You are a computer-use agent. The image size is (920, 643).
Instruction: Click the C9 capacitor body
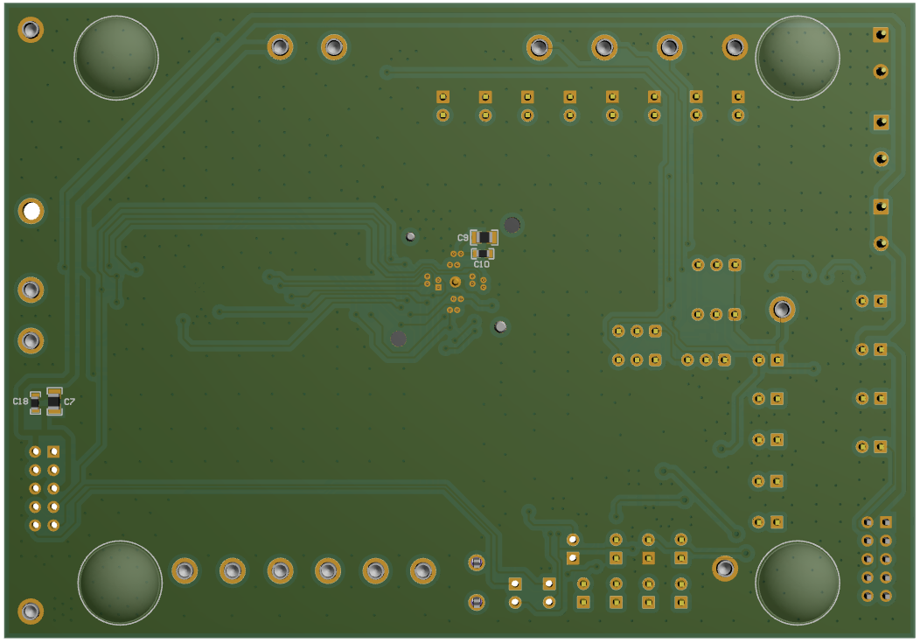pyautogui.click(x=484, y=237)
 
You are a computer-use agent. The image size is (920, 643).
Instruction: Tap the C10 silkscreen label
pyautogui.click(x=481, y=264)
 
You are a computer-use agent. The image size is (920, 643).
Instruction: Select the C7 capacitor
pyautogui.click(x=54, y=401)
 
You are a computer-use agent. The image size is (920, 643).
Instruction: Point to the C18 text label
pyautogui.click(x=20, y=401)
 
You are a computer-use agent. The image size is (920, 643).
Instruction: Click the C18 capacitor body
pyautogui.click(x=35, y=402)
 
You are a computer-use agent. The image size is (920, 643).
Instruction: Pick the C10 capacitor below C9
pyautogui.click(x=483, y=253)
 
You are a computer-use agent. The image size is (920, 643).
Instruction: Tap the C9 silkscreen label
pyautogui.click(x=463, y=238)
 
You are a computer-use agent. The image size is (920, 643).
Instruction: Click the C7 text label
pyautogui.click(x=70, y=401)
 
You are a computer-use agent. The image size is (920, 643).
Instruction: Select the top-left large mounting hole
pyautogui.click(x=116, y=56)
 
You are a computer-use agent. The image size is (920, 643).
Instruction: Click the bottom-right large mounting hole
pyautogui.click(x=797, y=583)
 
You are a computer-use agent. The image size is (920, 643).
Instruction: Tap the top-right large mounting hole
pyautogui.click(x=797, y=56)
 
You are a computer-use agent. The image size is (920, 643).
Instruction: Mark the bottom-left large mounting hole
pyautogui.click(x=120, y=583)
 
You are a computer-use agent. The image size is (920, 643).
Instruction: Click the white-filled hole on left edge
pyautogui.click(x=31, y=211)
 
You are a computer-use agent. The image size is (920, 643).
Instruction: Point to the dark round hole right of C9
pyautogui.click(x=512, y=225)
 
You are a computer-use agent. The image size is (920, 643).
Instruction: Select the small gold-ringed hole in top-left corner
pyautogui.click(x=31, y=30)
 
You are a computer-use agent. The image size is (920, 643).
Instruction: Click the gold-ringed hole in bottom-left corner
pyautogui.click(x=31, y=611)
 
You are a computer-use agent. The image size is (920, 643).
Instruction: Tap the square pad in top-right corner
pyautogui.click(x=881, y=35)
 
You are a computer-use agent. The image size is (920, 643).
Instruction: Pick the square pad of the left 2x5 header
pyautogui.click(x=53, y=451)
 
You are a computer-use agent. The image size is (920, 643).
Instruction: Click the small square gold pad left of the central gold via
pyautogui.click(x=438, y=286)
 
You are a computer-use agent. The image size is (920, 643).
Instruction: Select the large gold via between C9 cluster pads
pyautogui.click(x=455, y=282)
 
